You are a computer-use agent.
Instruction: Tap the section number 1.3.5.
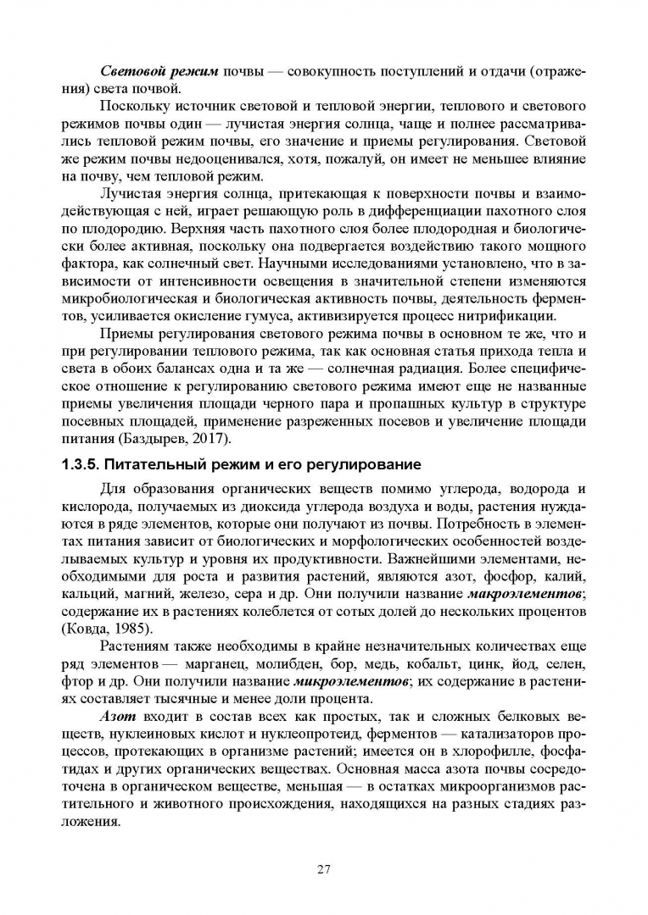point(86,464)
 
